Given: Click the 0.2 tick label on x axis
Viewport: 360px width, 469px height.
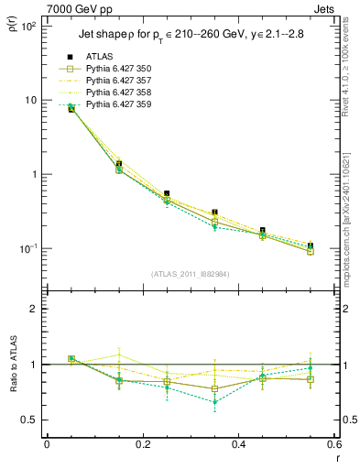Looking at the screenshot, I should pyautogui.click(x=142, y=444).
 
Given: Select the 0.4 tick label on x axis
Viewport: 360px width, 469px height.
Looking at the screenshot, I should pyautogui.click(x=238, y=444).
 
